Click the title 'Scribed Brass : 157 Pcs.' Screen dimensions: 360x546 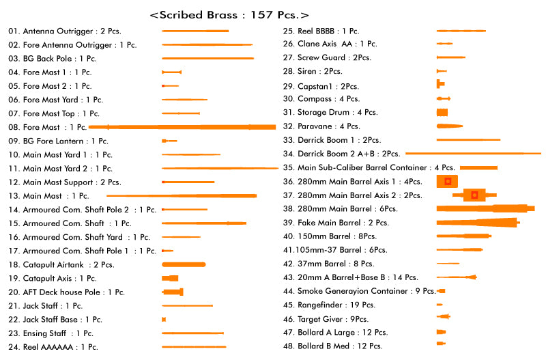229,14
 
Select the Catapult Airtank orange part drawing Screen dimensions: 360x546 184,264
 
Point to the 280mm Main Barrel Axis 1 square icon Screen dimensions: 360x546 448,181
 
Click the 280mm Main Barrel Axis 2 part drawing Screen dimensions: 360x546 474,195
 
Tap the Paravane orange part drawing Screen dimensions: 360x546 449,126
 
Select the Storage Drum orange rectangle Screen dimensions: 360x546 442,112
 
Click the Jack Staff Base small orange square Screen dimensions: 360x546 164,319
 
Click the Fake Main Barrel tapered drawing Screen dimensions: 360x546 478,222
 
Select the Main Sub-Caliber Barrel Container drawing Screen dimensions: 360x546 478,167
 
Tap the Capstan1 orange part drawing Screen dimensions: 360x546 440,84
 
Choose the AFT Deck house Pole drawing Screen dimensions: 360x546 173,292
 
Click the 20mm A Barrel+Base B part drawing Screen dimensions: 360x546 457,277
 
